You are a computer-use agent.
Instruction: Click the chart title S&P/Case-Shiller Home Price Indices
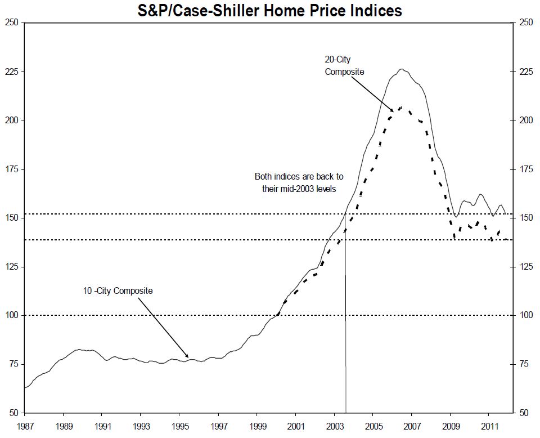[x=270, y=10]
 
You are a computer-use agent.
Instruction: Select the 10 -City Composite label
[x=118, y=291]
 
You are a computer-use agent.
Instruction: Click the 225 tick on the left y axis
[x=12, y=71]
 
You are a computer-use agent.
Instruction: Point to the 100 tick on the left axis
[x=12, y=315]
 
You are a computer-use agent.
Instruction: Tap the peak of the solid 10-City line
[x=401, y=69]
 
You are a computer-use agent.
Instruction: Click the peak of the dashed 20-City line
[x=399, y=107]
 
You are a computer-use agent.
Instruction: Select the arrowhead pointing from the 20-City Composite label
[x=394, y=112]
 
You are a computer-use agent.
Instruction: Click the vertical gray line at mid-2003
[x=345, y=338]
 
